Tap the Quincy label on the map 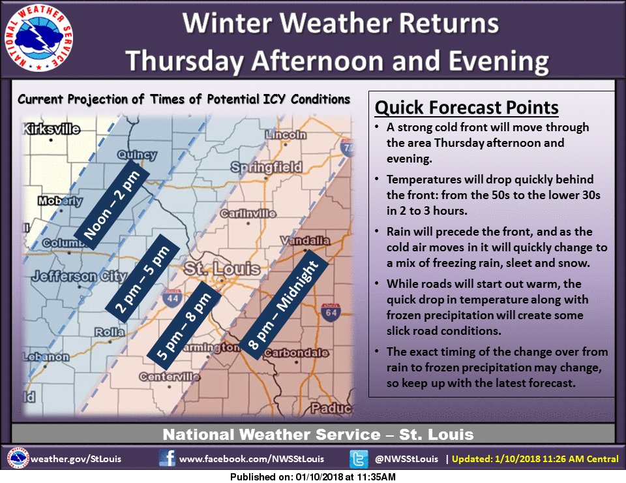pos(137,155)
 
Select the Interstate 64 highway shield pos(330,311)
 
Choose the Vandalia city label pos(303,240)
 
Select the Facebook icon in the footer pos(168,458)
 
